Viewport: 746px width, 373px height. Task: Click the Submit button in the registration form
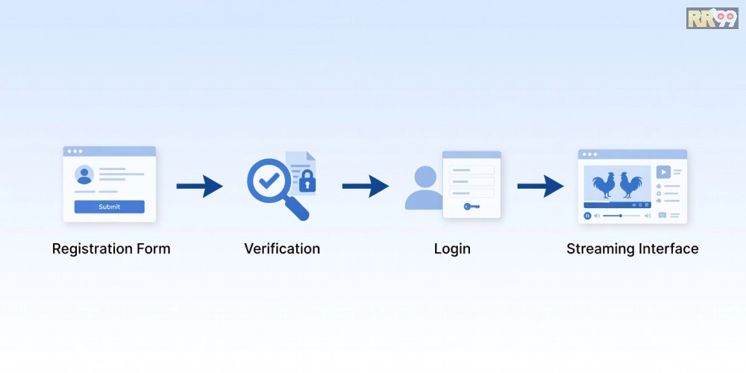(x=110, y=207)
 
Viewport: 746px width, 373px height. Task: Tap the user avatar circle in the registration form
(x=84, y=175)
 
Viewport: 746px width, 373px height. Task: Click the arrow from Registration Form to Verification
(x=200, y=186)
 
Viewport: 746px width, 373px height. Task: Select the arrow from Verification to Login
(x=366, y=186)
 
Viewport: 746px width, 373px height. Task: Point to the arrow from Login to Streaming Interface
(x=540, y=186)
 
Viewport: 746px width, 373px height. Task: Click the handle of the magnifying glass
(x=297, y=208)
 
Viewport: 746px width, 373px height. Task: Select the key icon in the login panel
(x=471, y=207)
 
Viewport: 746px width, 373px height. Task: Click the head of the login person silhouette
(x=425, y=177)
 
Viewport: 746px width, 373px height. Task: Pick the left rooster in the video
(x=604, y=184)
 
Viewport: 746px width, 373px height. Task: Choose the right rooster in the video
(x=630, y=184)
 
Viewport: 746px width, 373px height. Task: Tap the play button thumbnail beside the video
(x=663, y=172)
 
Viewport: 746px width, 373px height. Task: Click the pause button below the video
(x=588, y=216)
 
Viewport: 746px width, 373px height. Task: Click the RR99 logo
(x=712, y=18)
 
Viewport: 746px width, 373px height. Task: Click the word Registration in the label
(x=90, y=249)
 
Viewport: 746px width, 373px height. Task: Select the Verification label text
(x=282, y=248)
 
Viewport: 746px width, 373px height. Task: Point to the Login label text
(x=452, y=249)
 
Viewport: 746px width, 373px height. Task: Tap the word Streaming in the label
(x=601, y=249)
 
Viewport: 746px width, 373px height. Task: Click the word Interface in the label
(x=668, y=248)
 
